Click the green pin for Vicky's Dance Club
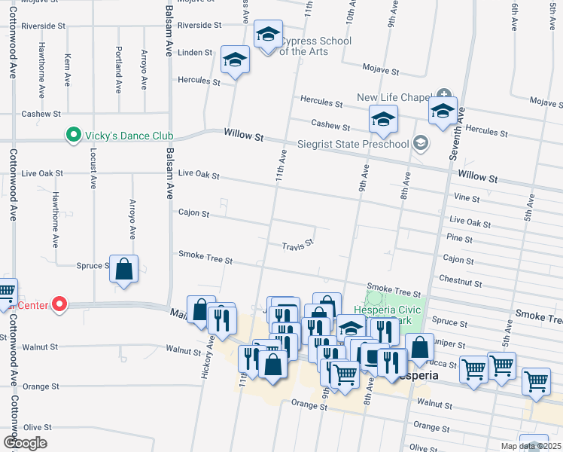73,136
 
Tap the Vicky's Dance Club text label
128,136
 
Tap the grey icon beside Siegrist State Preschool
421,143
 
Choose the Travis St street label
297,246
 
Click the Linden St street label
195,53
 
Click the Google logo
26,443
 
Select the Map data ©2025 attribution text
531,446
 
